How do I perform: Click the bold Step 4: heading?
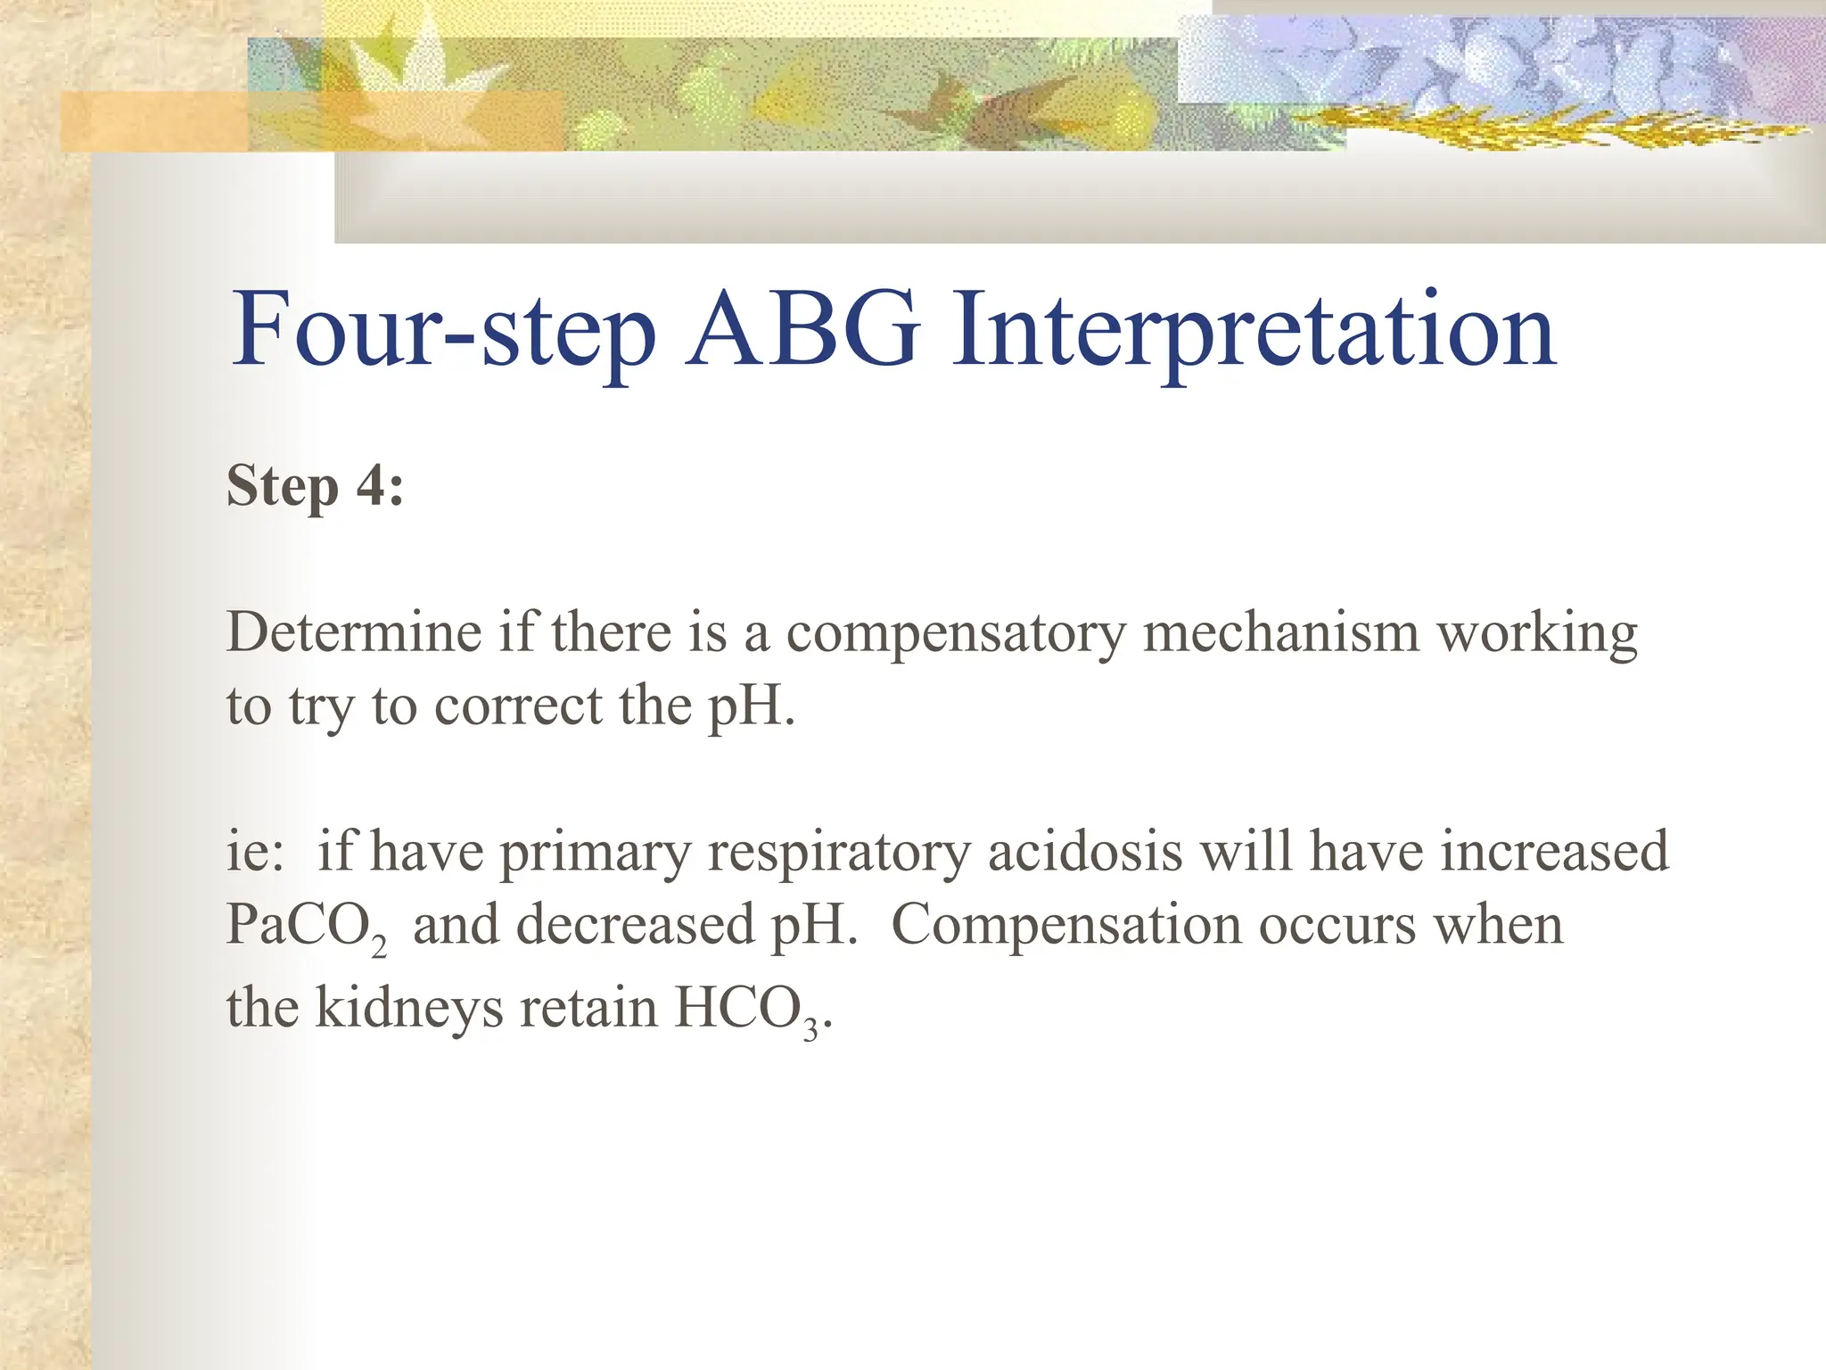[x=315, y=486]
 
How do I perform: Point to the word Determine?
[x=354, y=633]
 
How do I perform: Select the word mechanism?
[x=1280, y=633]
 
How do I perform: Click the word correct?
[x=518, y=706]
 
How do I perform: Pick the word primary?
[x=595, y=853]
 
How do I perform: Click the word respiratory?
[x=838, y=853]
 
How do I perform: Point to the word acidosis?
[x=1084, y=851]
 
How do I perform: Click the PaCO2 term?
[x=306, y=926]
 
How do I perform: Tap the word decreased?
[x=636, y=924]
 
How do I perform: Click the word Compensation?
[x=1065, y=926]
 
